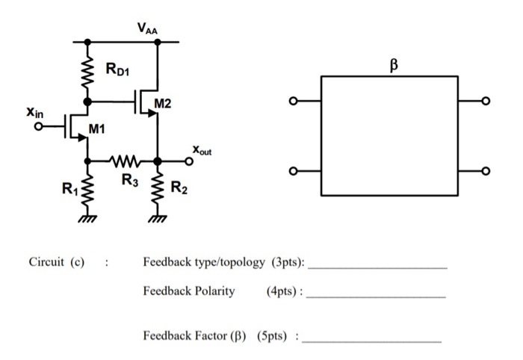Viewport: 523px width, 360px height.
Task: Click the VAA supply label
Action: point(146,28)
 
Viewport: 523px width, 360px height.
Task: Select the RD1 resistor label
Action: point(117,72)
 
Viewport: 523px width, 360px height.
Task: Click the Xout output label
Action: point(202,150)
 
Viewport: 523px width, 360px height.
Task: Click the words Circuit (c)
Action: point(56,263)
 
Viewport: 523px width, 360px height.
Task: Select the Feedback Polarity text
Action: point(189,291)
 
